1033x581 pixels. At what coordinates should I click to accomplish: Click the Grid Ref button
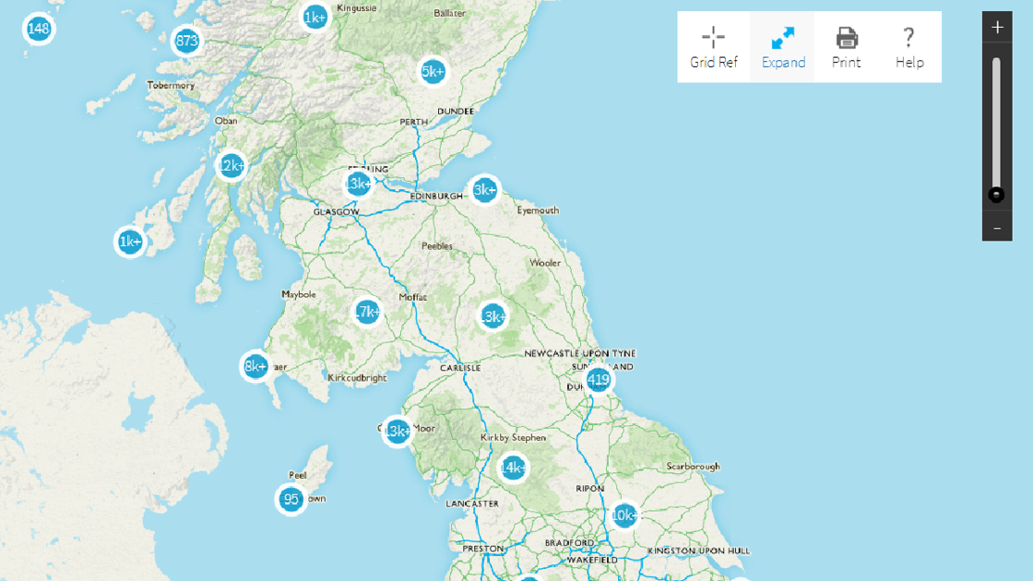tap(713, 47)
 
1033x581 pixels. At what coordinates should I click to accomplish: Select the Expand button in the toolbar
tap(783, 47)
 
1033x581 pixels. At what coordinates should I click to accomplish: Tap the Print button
tap(846, 47)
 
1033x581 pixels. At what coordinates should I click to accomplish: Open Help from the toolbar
tap(908, 47)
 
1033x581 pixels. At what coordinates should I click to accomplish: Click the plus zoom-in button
tap(997, 28)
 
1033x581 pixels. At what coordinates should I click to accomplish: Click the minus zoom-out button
tap(997, 226)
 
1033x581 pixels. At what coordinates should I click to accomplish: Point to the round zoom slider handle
tap(996, 195)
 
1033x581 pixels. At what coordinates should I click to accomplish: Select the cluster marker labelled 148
tap(38, 29)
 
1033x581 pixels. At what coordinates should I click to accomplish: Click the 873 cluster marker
tap(186, 41)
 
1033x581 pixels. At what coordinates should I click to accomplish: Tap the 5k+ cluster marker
tap(433, 71)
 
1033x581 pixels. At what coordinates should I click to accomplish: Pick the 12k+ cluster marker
tap(231, 166)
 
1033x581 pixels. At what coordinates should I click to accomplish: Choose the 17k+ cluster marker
tap(367, 312)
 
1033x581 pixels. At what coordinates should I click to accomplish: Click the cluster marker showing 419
tap(599, 379)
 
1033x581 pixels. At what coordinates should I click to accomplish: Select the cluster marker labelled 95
tap(291, 500)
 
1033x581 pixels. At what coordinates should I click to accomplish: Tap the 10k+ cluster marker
tap(624, 515)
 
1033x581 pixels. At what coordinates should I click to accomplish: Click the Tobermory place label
tap(172, 86)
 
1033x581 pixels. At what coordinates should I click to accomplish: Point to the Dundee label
tap(455, 111)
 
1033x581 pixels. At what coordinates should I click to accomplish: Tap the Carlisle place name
tap(460, 367)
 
